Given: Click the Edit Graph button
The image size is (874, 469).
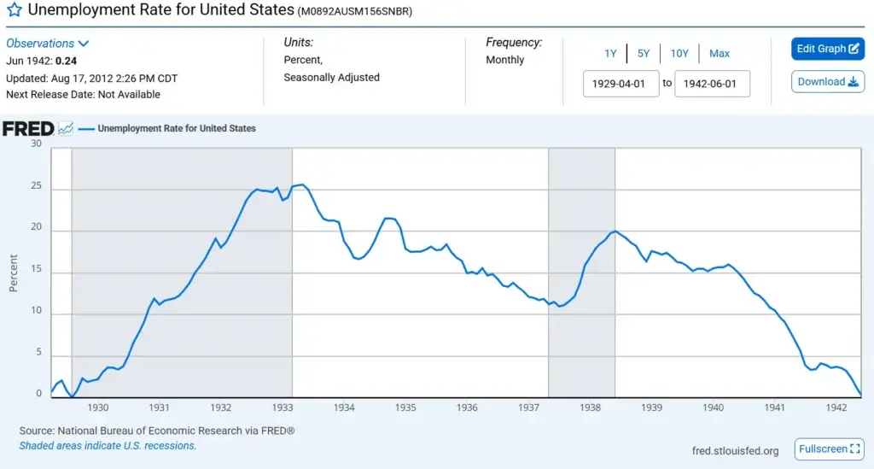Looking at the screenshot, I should [828, 49].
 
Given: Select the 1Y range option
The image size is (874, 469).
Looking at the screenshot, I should [610, 54].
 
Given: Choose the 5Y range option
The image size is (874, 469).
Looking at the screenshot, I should [644, 54].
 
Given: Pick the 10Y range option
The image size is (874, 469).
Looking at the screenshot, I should [679, 54].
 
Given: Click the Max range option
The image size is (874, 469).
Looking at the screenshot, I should [720, 54].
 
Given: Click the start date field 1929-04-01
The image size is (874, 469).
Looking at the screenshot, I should [621, 84].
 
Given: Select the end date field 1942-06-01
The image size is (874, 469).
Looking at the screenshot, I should [712, 84].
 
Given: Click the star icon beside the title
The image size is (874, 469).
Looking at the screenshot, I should [15, 12].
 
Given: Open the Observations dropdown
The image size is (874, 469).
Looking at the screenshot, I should [48, 44].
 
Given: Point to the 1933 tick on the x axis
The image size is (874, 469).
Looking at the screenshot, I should [283, 408].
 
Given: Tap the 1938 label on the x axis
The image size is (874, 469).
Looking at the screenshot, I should [590, 408].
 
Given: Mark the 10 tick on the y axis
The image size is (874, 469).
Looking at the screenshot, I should [36, 314].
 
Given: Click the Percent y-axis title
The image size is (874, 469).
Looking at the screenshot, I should [14, 273].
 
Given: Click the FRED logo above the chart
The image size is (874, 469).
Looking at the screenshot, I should [28, 129].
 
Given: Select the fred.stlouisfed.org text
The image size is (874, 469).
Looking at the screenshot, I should [736, 451].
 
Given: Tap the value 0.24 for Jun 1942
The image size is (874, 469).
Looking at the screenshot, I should [66, 61].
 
